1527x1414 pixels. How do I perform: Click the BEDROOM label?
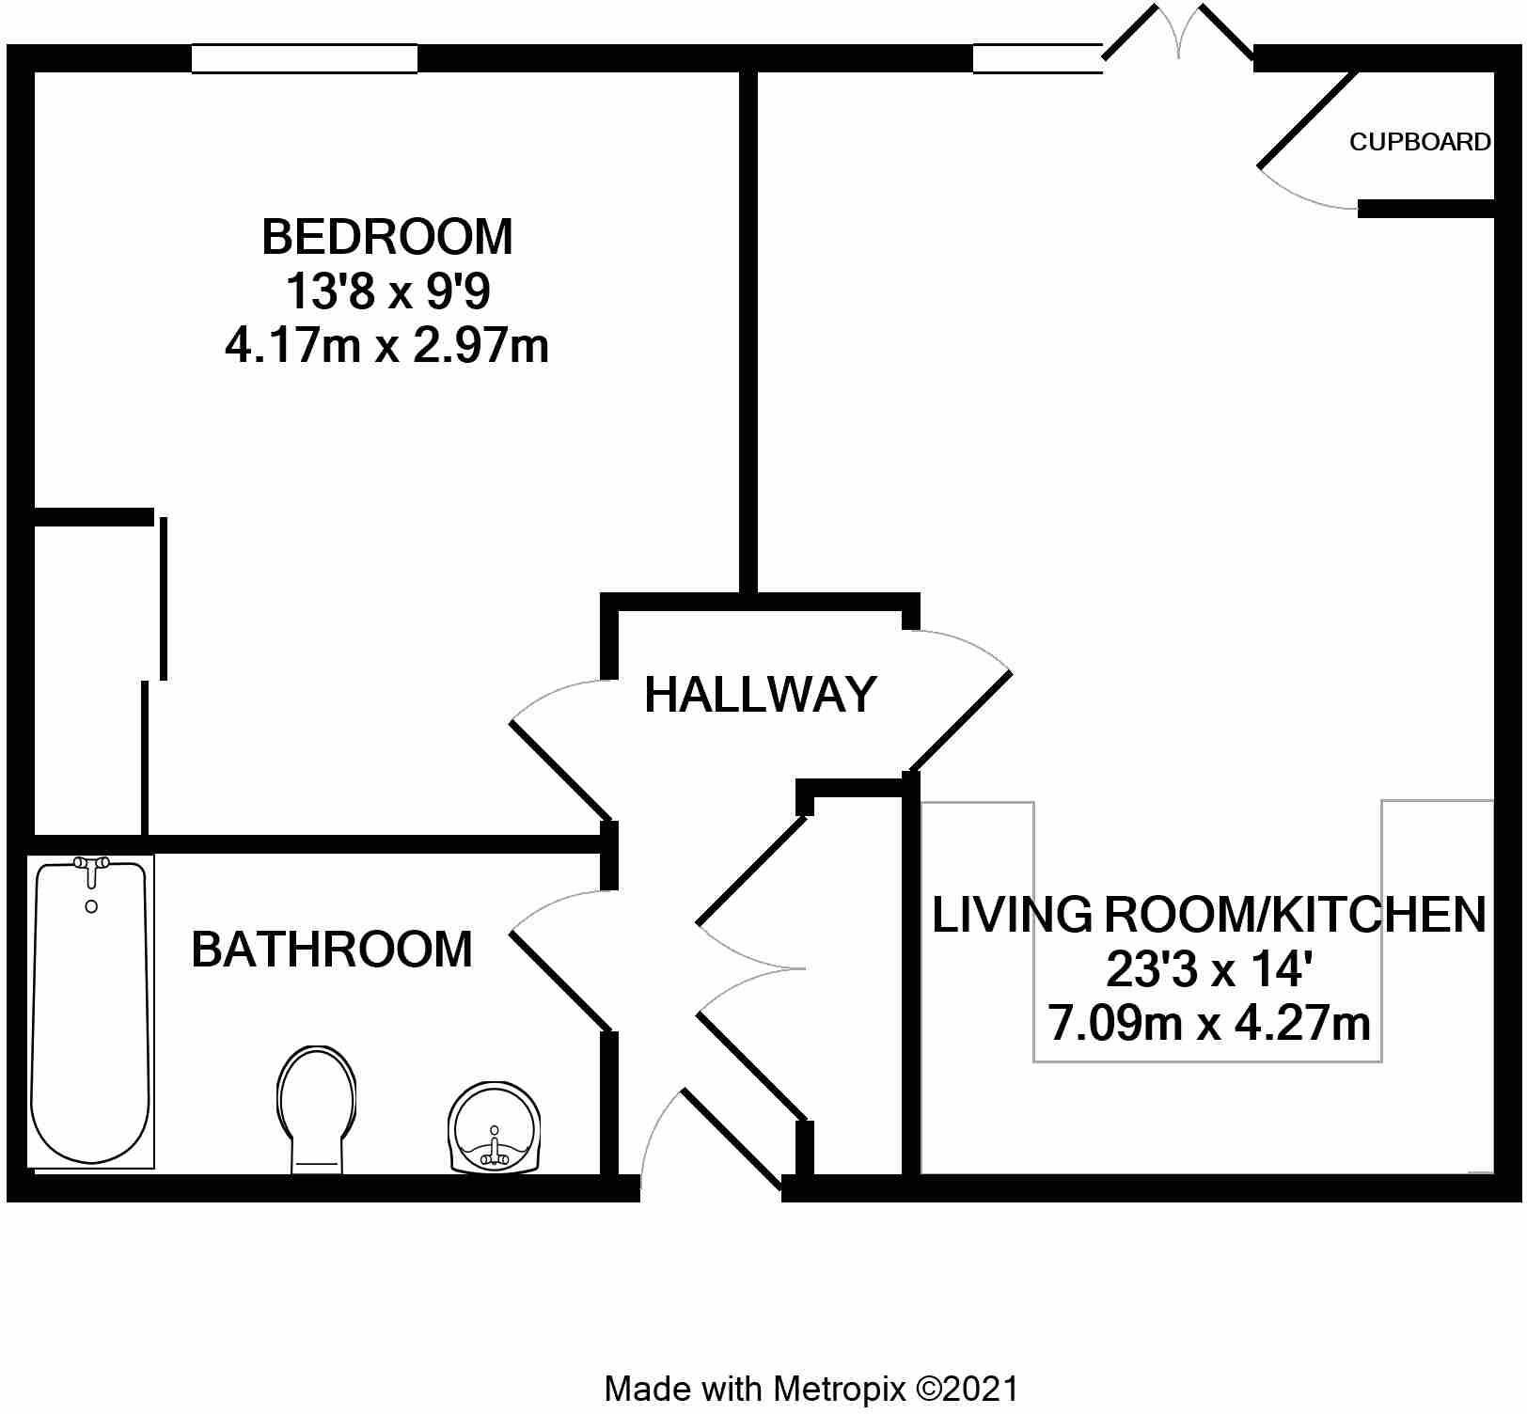(386, 237)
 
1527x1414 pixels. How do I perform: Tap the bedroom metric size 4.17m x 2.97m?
(386, 347)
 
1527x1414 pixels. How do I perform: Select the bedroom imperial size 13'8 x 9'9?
(386, 292)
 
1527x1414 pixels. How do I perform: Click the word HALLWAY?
(760, 696)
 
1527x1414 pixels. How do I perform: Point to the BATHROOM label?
(331, 950)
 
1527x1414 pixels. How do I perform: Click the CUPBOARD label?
(1419, 142)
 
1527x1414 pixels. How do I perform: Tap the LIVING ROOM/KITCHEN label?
(1208, 915)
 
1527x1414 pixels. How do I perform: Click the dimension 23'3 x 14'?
(1208, 969)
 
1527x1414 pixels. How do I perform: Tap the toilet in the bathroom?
(317, 1109)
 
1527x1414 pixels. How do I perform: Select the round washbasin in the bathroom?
(495, 1128)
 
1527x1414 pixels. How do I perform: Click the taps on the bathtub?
(91, 866)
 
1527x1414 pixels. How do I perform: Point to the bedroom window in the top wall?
(304, 58)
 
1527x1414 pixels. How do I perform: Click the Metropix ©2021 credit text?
(811, 1389)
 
